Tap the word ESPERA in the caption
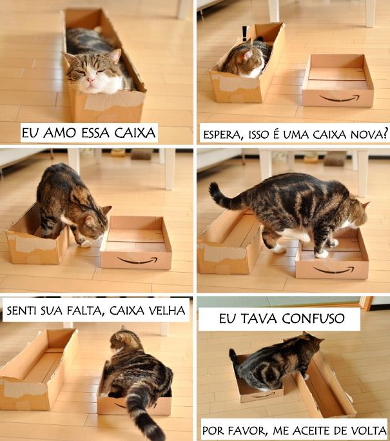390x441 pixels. click(x=226, y=134)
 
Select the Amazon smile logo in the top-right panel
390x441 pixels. click(x=339, y=98)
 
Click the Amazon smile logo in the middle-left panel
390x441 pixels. click(x=136, y=261)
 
